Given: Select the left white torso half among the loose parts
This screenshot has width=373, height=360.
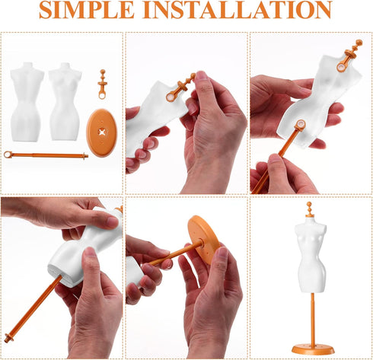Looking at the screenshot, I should (27, 99).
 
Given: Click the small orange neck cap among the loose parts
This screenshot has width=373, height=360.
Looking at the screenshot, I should (102, 83).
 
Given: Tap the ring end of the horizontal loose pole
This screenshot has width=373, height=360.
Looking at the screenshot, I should (8, 155).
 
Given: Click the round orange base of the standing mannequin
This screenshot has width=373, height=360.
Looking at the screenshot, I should (312, 349).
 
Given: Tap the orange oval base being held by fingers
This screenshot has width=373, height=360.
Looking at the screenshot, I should (203, 237).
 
